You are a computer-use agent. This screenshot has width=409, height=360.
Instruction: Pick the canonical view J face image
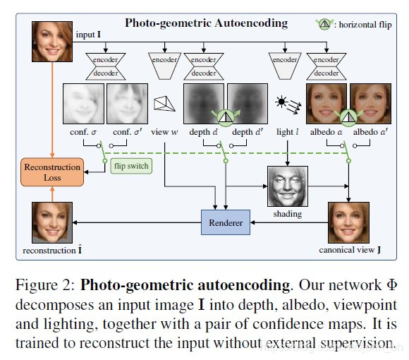349,222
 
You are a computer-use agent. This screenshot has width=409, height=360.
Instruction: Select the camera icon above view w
164,104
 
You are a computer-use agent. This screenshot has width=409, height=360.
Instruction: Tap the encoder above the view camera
164,61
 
